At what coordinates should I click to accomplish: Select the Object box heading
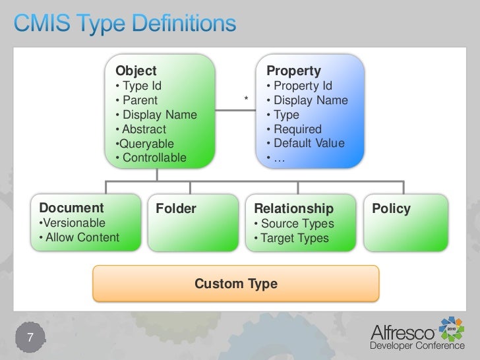click(x=136, y=71)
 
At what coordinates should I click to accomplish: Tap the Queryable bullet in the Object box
click(x=144, y=144)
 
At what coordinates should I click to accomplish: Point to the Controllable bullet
click(x=150, y=158)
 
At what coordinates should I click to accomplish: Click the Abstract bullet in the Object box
click(x=140, y=129)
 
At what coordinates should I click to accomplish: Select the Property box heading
click(x=293, y=71)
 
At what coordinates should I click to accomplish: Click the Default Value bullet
click(x=305, y=144)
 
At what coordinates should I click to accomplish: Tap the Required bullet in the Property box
click(x=294, y=129)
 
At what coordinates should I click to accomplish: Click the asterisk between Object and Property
click(x=246, y=100)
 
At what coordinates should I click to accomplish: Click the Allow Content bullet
click(x=79, y=237)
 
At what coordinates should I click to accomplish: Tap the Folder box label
click(x=176, y=210)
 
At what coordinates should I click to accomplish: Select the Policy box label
click(x=391, y=210)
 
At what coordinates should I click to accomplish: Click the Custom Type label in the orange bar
click(x=236, y=284)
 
